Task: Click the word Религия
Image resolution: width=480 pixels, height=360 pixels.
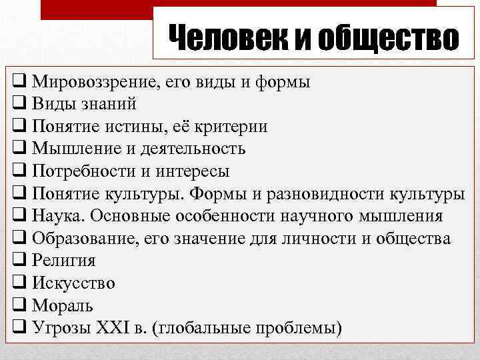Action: click(x=63, y=261)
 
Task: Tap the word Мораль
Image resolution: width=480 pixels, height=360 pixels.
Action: click(x=61, y=305)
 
